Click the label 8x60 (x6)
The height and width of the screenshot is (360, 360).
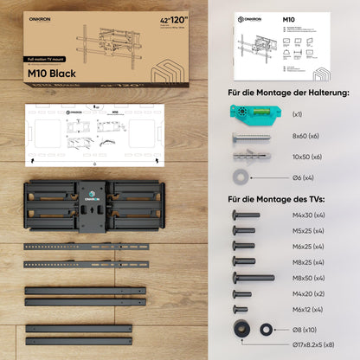304,137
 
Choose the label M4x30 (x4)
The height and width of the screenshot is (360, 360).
307,215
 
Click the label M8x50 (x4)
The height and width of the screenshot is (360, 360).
307,278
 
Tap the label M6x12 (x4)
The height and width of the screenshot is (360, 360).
307,309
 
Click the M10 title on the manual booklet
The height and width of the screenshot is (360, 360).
287,17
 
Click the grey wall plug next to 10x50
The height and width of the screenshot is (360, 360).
247,157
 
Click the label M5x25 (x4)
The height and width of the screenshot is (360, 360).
307,230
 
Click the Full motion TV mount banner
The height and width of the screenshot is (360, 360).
44,60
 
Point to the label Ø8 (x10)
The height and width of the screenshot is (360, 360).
305,330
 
